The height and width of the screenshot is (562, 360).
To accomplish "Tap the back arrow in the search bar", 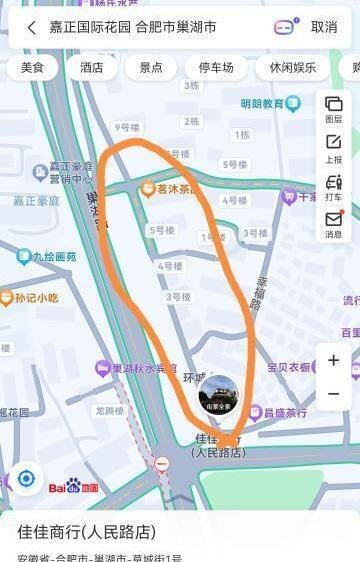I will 31,27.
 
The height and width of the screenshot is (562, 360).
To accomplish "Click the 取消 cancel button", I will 324,27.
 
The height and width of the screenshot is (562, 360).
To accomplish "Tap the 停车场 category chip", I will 216,68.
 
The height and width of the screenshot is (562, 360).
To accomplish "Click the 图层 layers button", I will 333,109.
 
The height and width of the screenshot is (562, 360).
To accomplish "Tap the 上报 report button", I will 333,148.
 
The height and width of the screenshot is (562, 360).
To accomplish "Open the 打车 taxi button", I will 333,187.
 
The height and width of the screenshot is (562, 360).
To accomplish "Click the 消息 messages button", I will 333,225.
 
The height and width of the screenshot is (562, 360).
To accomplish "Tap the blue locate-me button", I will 26,478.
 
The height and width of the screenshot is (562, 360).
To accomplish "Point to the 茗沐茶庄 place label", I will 172,187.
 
